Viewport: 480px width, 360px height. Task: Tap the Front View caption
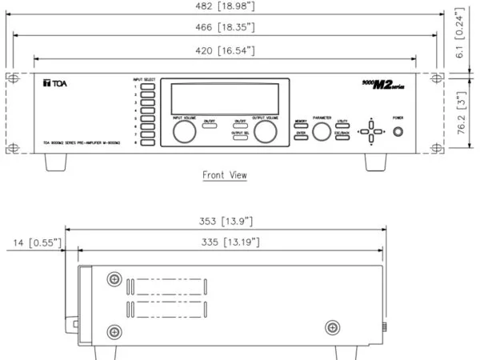pos(225,174)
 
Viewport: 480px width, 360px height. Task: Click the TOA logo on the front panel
pos(53,82)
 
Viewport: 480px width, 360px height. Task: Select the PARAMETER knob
pos(322,132)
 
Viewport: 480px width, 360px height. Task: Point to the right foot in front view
pos(377,161)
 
